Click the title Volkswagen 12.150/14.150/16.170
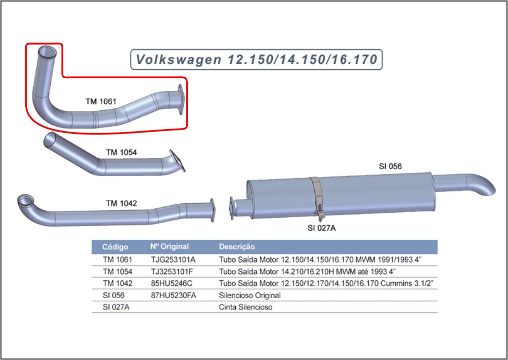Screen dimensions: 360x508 256,60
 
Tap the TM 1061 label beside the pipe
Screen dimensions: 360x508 101,101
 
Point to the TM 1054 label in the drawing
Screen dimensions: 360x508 121,152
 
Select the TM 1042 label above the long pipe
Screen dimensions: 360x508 121,203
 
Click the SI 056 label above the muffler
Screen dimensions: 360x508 390,167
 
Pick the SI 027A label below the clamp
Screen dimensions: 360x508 322,228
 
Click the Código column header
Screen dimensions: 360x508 115,246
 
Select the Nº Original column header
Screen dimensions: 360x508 169,246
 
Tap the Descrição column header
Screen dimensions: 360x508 237,246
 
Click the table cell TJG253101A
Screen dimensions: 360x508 173,259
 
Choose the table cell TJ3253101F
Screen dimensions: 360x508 172,271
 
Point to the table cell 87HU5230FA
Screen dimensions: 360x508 174,295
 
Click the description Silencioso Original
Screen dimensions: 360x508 250,295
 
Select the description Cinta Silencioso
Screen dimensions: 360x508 246,307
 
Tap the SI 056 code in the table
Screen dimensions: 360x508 114,295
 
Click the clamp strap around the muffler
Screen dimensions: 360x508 316,195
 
